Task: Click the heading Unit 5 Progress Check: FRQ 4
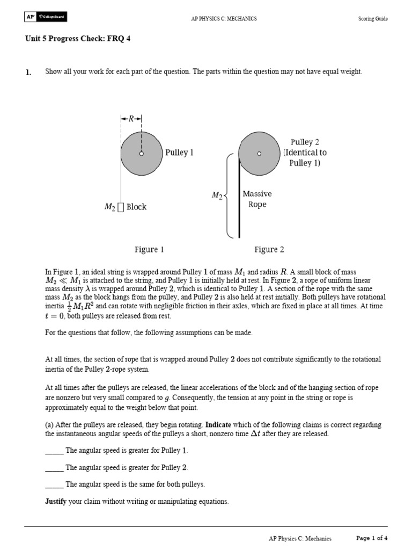[x=78, y=39]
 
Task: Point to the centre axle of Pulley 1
[x=142, y=154]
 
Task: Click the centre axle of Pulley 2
[x=259, y=154]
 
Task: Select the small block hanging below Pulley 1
[x=121, y=207]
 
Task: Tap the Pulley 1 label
[x=179, y=153]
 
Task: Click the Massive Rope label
[x=257, y=199]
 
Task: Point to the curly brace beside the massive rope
[x=228, y=196]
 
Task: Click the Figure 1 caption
[x=149, y=249]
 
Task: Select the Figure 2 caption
[x=269, y=249]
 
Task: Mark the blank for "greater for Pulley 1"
[x=54, y=451]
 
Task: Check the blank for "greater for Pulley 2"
[x=54, y=468]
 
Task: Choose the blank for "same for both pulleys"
[x=54, y=484]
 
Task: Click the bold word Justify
[x=57, y=502]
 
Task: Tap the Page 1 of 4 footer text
[x=372, y=538]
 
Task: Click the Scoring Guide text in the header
[x=373, y=19]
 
